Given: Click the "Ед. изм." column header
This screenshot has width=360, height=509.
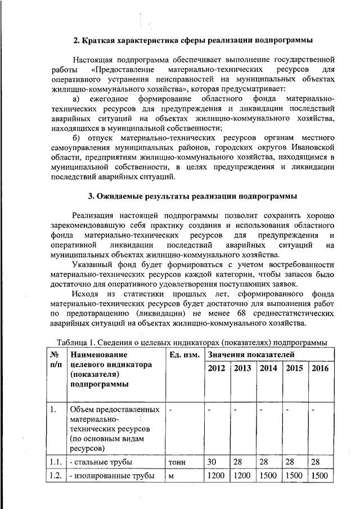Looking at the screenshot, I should tap(183, 355).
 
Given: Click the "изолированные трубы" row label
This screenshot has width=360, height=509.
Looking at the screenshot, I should tap(111, 476).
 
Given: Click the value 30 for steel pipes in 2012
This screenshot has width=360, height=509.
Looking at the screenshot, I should tap(211, 462).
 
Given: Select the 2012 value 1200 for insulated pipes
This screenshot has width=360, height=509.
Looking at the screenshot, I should tap(216, 476).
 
